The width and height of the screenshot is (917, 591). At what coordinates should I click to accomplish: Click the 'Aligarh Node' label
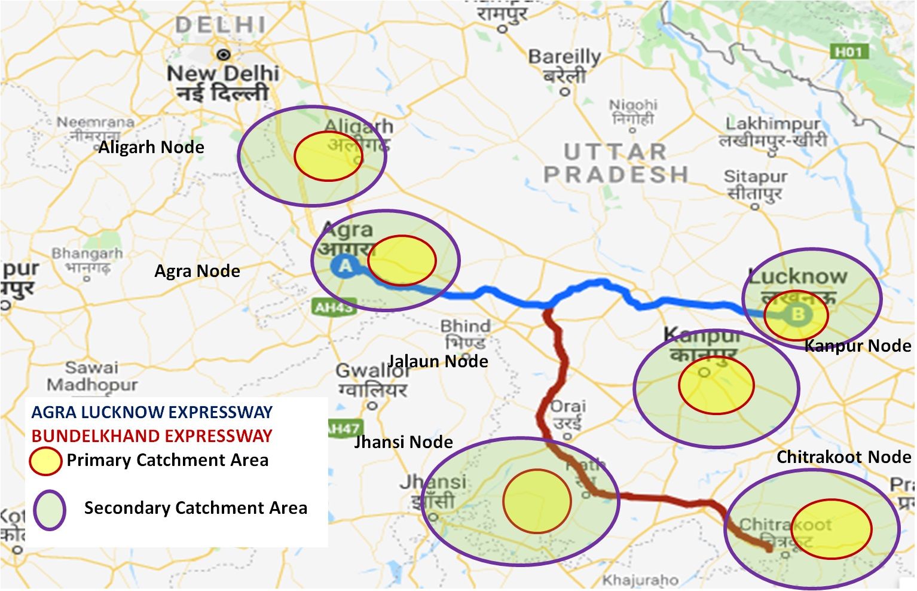151,147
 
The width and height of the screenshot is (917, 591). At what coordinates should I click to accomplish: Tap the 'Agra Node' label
197,271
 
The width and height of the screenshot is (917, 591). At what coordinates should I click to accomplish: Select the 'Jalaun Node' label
438,361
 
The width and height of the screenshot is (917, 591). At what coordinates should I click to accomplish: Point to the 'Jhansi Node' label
404,442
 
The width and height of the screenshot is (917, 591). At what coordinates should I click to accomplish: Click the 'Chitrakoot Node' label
843,457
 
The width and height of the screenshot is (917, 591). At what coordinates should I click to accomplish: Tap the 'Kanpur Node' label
857,346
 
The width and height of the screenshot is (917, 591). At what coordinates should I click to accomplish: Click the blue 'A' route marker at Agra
345,266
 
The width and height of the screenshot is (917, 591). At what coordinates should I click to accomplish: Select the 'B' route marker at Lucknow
797,314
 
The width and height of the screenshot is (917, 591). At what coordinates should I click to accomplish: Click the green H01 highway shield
848,52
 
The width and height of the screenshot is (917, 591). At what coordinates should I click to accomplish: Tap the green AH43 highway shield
333,307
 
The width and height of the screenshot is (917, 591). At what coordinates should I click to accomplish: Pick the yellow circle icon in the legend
45,461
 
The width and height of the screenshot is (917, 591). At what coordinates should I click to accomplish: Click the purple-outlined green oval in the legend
49,510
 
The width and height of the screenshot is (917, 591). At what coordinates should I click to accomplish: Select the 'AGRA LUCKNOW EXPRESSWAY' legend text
152,412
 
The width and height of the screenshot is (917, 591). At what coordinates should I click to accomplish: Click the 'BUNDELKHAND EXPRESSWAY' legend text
152,435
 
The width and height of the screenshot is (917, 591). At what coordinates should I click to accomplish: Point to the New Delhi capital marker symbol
224,55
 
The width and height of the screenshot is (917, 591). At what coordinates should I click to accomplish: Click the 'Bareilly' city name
564,57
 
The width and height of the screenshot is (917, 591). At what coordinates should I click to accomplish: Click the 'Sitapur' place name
755,177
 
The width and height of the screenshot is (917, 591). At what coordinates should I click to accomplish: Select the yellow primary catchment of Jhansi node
537,501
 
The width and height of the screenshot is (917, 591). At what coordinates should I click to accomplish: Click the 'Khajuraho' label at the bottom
640,580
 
